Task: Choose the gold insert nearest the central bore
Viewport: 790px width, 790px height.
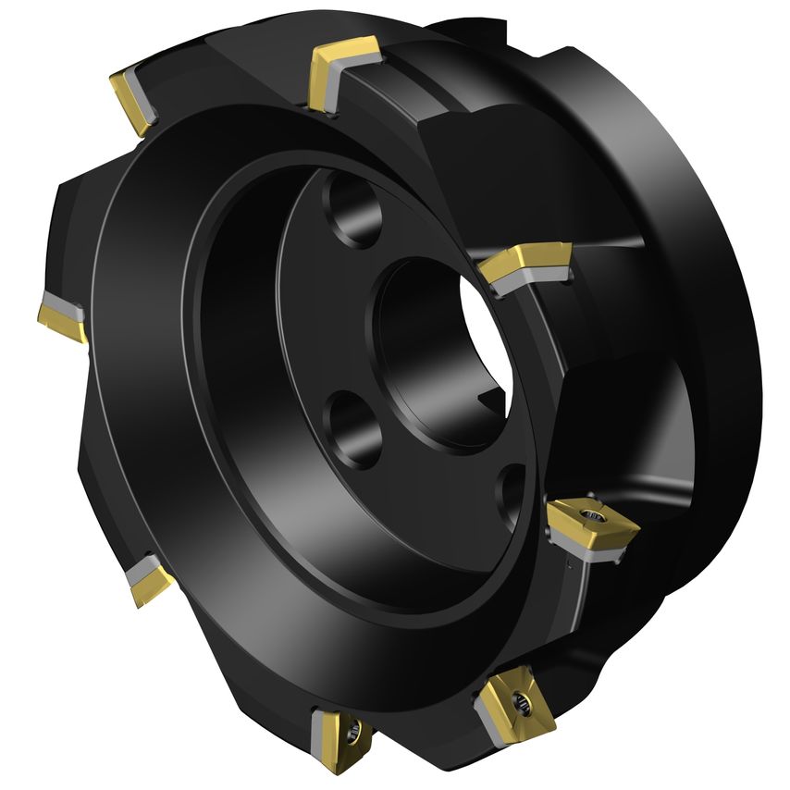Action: (x=525, y=261)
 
